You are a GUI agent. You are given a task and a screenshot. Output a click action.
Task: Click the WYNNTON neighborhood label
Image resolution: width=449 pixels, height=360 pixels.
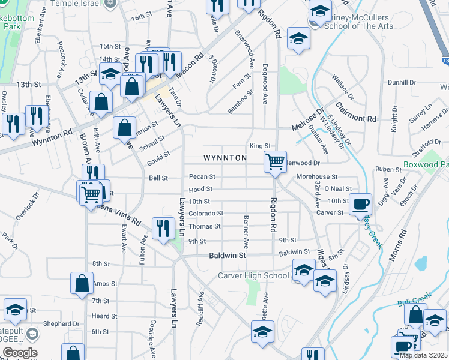225,158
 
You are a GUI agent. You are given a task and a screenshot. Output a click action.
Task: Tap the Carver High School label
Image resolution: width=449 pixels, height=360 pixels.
253,276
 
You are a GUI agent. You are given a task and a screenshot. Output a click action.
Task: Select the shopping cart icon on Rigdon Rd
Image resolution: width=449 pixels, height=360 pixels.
275,160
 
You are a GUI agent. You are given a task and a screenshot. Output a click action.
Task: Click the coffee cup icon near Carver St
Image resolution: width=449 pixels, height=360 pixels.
360,204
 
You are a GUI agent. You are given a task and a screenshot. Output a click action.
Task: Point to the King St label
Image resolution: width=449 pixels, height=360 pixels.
261,146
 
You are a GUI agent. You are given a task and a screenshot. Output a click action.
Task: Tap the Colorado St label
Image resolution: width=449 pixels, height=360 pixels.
206,213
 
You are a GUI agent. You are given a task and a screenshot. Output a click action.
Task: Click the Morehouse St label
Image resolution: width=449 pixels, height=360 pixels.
317,177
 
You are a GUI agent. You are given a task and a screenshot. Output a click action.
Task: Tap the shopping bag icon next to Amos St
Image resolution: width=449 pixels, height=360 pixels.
82,283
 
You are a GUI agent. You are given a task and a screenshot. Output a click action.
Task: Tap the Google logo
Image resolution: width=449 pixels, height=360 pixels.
19,353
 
